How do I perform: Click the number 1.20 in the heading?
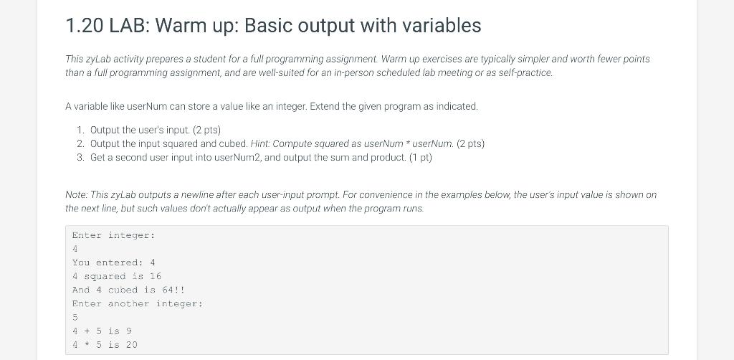pos(85,25)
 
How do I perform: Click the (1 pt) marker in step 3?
pos(420,157)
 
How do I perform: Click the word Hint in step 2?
pos(259,143)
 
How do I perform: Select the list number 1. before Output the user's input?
pos(81,130)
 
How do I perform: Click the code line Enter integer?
pos(113,235)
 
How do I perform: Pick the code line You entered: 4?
pos(113,262)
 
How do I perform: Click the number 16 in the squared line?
pos(156,276)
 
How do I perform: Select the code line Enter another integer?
pos(138,304)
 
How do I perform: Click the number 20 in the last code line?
pos(132,345)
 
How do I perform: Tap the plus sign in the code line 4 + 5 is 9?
pos(87,331)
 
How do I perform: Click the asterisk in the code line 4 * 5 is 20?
pos(87,344)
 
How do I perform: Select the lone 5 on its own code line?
pos(75,318)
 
